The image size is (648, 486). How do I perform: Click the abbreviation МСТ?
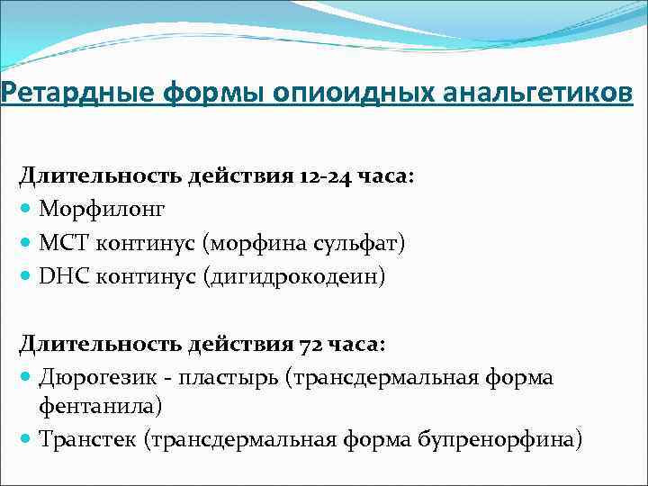[60, 242]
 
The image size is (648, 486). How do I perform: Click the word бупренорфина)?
[500, 439]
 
